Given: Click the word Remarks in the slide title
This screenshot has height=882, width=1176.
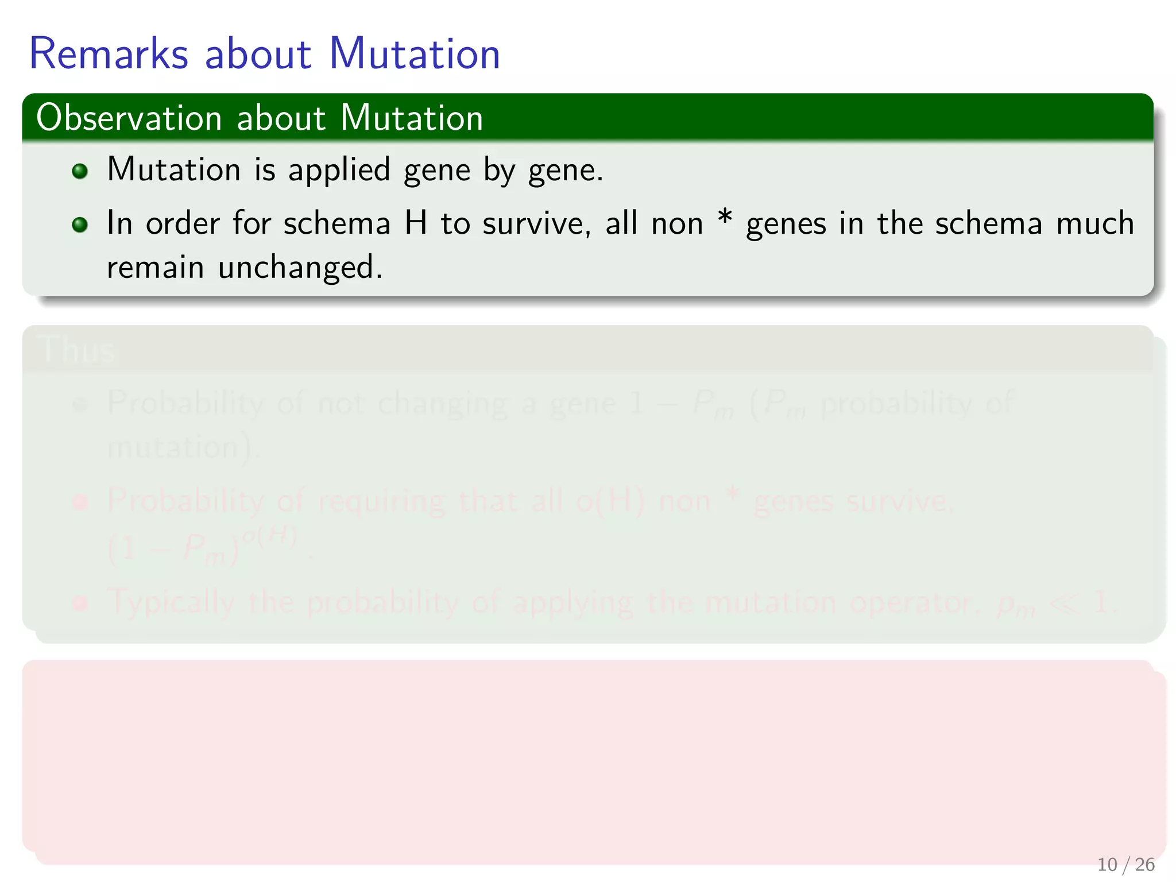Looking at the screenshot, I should pyautogui.click(x=109, y=54).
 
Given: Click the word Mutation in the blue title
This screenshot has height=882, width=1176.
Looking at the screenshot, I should pyautogui.click(x=414, y=54).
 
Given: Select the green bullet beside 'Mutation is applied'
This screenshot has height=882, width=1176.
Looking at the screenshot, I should pyautogui.click(x=80, y=171).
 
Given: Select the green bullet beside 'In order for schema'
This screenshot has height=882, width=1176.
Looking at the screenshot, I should pyautogui.click(x=80, y=225).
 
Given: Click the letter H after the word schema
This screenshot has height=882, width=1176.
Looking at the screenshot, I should pyautogui.click(x=416, y=223).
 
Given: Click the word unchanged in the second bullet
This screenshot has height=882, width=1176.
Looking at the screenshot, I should pyautogui.click(x=300, y=268).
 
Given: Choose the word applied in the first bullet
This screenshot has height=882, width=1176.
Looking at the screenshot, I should pyautogui.click(x=339, y=171).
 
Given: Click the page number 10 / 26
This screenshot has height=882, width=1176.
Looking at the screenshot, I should pyautogui.click(x=1125, y=864).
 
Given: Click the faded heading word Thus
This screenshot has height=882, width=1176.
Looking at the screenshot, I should pyautogui.click(x=78, y=349).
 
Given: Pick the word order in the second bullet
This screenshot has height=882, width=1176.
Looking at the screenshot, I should pyautogui.click(x=183, y=223).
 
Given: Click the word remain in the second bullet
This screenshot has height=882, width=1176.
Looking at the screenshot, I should pyautogui.click(x=155, y=268).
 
